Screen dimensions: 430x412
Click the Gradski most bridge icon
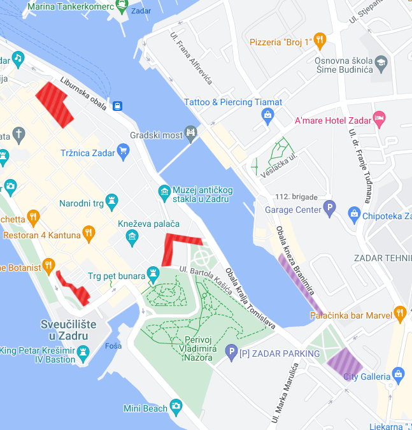coord(190,133)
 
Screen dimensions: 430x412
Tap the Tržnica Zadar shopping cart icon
coord(124,151)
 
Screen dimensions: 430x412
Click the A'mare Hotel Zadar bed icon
coord(379,118)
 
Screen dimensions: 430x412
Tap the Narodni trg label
coord(81,204)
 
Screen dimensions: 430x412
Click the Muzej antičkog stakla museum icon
coord(164,191)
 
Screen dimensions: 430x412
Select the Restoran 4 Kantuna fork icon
coord(89,233)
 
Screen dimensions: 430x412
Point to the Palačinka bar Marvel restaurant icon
coord(399,313)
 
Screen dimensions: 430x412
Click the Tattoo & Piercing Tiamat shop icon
coord(267,115)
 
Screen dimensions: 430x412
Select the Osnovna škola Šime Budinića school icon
coord(381,62)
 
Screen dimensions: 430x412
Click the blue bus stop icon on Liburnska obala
coord(117,105)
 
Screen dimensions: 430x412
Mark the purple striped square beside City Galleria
coord(344,362)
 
